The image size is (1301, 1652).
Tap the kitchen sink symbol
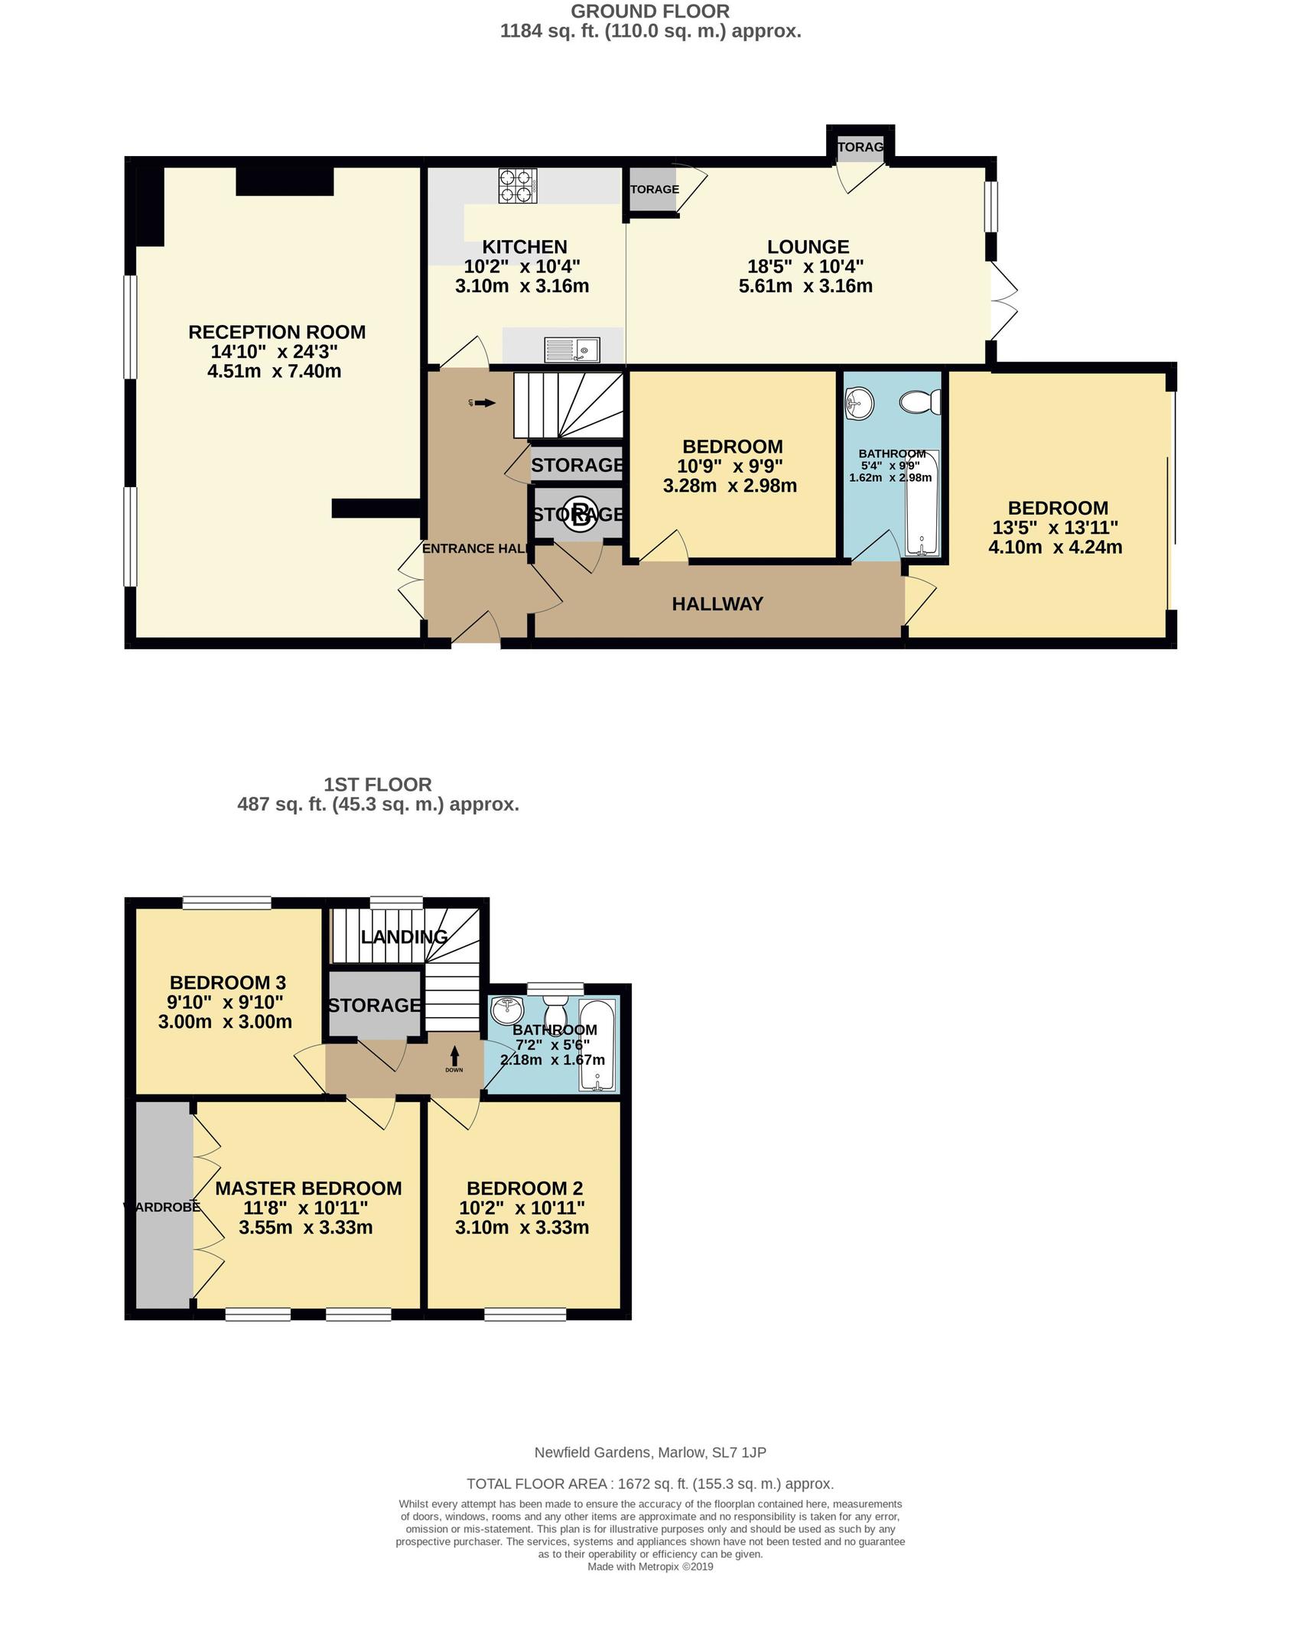point(573,350)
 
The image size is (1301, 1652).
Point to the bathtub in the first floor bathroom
point(597,1046)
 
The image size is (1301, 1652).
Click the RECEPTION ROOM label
point(277,332)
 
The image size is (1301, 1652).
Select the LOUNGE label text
point(808,247)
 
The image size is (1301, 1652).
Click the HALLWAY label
point(717,604)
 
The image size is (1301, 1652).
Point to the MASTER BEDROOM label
point(308,1188)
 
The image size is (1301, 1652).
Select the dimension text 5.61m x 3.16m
point(805,287)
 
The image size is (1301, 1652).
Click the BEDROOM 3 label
point(227,982)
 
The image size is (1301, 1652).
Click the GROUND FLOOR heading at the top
point(649,11)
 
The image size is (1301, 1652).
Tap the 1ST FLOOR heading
point(378,785)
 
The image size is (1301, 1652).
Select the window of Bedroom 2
point(525,1314)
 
